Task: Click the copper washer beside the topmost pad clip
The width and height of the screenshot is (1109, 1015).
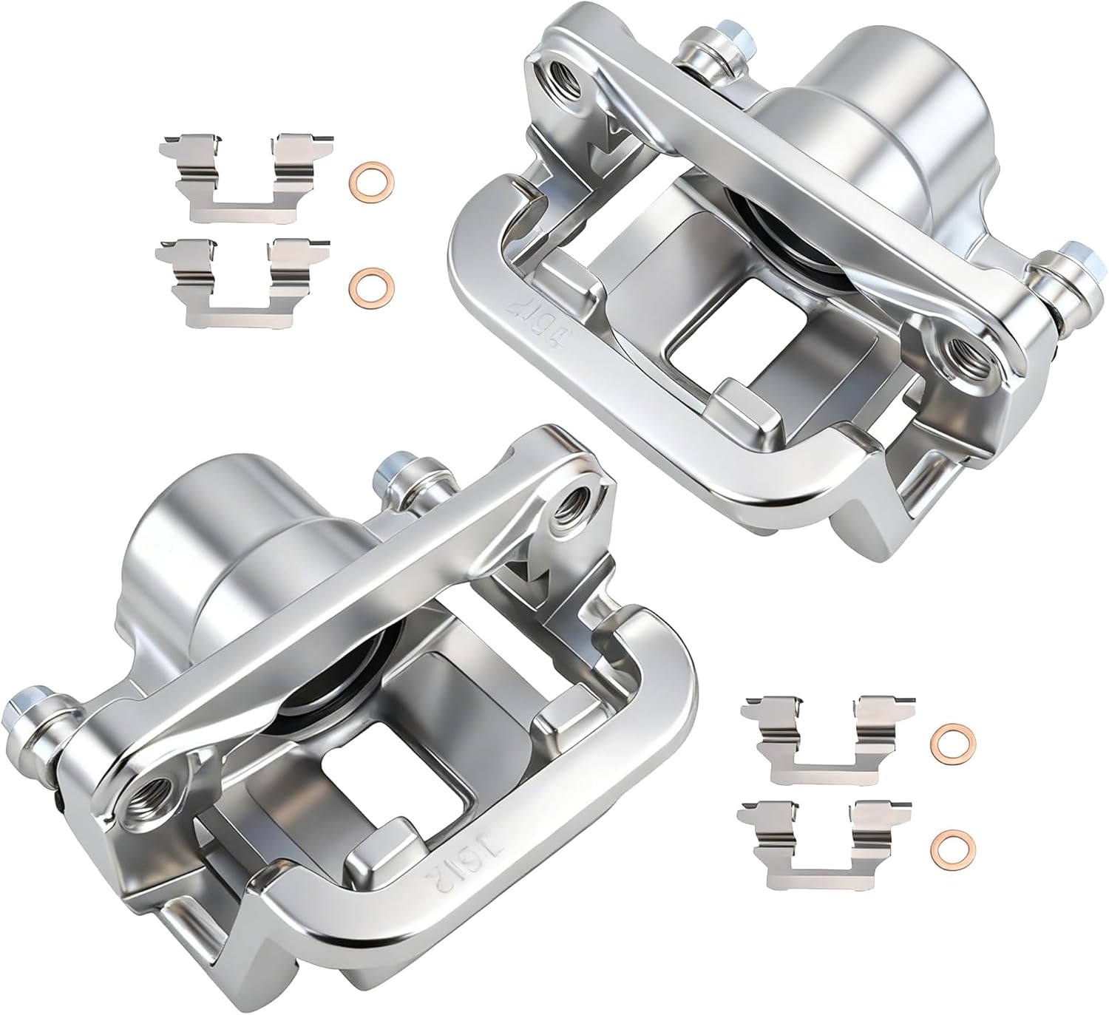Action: click(x=370, y=179)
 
